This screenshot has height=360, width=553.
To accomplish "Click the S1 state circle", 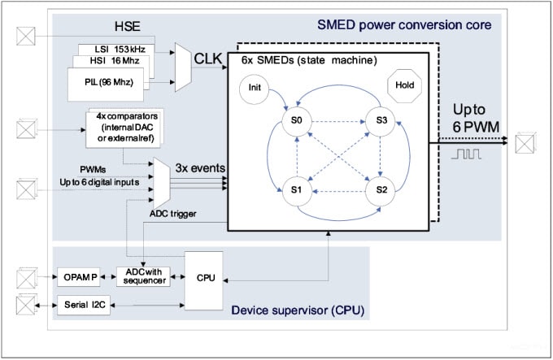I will tap(297, 191).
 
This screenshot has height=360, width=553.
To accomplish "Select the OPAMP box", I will tap(80, 277).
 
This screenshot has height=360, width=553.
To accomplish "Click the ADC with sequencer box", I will tap(142, 276).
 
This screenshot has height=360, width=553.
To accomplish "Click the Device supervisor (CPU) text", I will tap(297, 310).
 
